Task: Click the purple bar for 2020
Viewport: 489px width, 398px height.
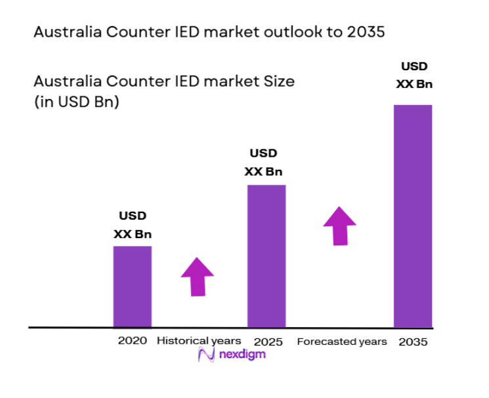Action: [133, 287]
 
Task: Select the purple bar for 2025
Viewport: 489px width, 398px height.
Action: [266, 256]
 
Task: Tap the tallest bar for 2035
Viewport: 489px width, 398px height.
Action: [412, 216]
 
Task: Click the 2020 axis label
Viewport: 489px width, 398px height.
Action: [132, 341]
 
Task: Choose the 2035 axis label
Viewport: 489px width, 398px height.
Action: [413, 342]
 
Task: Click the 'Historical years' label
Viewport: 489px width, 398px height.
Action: [199, 341]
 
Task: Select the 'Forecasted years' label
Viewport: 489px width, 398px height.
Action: [342, 342]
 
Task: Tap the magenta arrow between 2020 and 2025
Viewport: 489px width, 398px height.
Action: [197, 276]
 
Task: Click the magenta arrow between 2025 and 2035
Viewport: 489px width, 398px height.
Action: [339, 226]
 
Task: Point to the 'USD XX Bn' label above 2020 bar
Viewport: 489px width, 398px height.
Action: [133, 224]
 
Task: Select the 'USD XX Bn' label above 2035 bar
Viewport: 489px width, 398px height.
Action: [414, 75]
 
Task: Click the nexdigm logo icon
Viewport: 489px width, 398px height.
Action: [207, 355]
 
